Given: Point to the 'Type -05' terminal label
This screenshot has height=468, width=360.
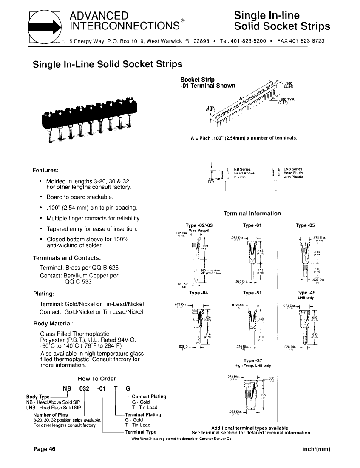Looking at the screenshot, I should pyautogui.click(x=305, y=225).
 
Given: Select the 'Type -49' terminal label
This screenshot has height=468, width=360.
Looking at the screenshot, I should pyautogui.click(x=305, y=293).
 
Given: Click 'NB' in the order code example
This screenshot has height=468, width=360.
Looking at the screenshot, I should pyautogui.click(x=67, y=388).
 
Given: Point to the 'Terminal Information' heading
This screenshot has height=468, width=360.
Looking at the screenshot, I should pyautogui.click(x=252, y=213).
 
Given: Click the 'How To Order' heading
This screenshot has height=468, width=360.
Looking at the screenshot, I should pyautogui.click(x=97, y=379).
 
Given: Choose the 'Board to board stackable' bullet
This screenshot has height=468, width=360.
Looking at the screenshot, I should pyautogui.click(x=79, y=197).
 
